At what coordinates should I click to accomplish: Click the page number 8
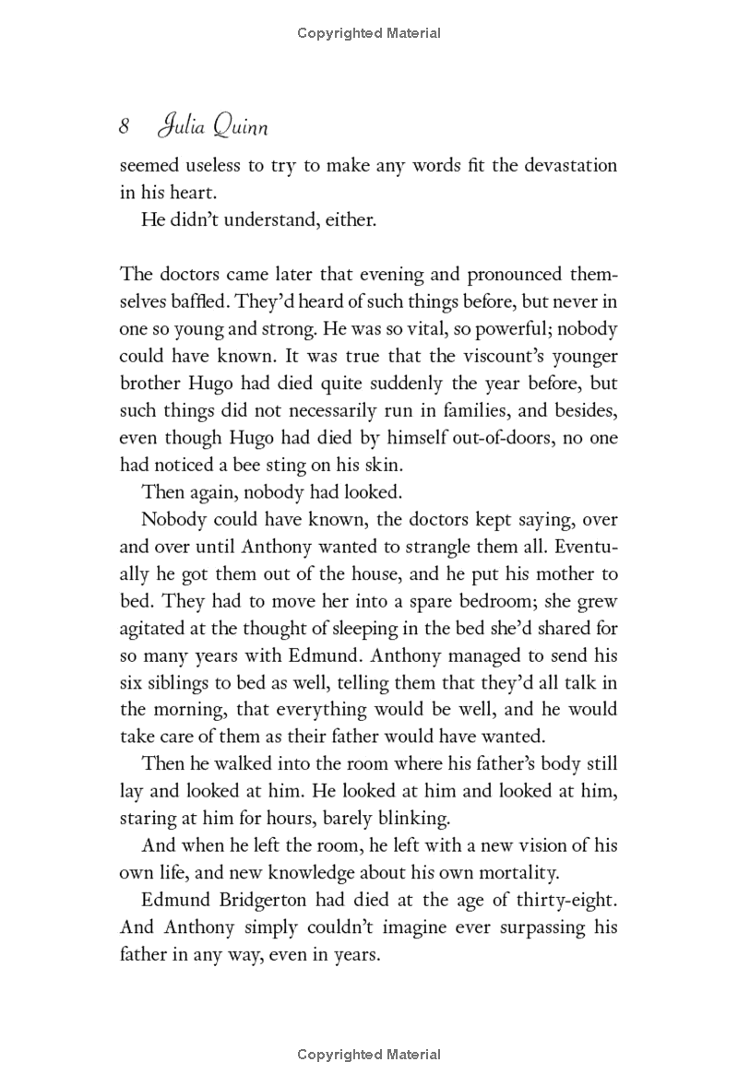[x=126, y=127]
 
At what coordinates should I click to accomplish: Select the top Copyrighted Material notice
[x=369, y=33]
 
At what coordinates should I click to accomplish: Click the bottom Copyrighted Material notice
[x=369, y=1055]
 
